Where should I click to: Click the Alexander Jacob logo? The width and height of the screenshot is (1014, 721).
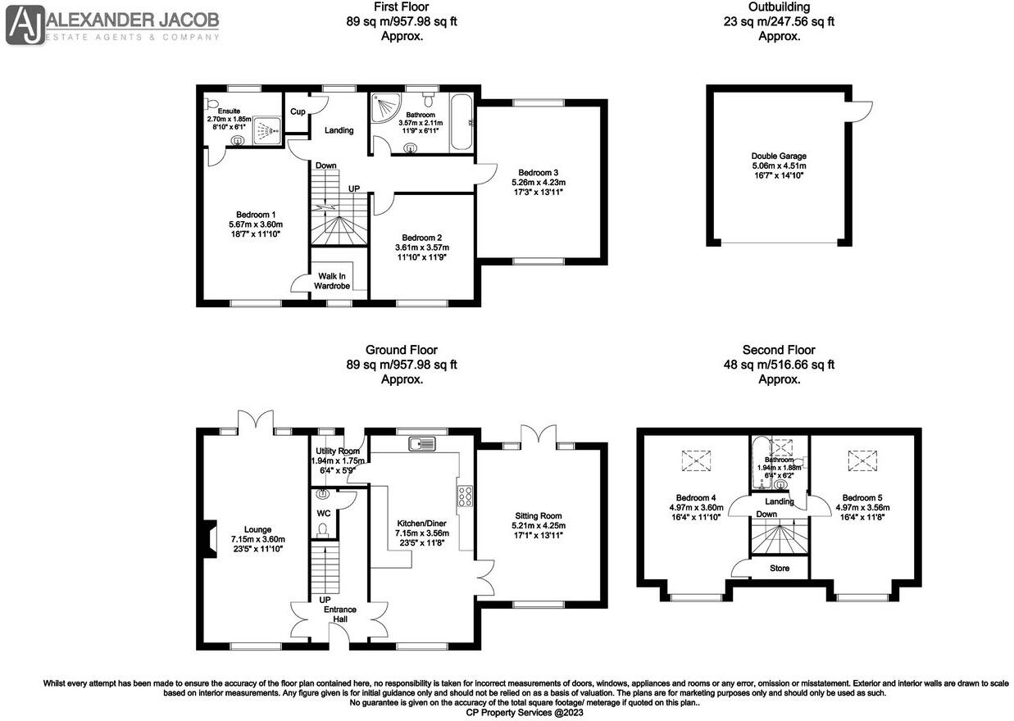coord(113,25)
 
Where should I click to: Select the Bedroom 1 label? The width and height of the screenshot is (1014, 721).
coord(255,214)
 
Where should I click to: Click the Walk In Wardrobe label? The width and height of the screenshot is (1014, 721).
coord(332,280)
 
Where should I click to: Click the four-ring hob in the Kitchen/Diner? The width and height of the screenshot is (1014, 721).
coord(466,497)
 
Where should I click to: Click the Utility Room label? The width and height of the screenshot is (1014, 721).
coord(338,451)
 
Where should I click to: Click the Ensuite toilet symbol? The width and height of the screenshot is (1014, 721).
coord(214,104)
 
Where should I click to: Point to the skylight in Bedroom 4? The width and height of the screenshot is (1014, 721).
coord(697,461)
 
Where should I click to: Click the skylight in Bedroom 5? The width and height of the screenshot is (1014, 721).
coord(861,461)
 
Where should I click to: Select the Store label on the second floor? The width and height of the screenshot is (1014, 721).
coord(779,568)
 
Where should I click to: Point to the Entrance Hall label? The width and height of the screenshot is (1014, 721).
coord(334,614)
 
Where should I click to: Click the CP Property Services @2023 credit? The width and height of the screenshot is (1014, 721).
coord(507,714)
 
